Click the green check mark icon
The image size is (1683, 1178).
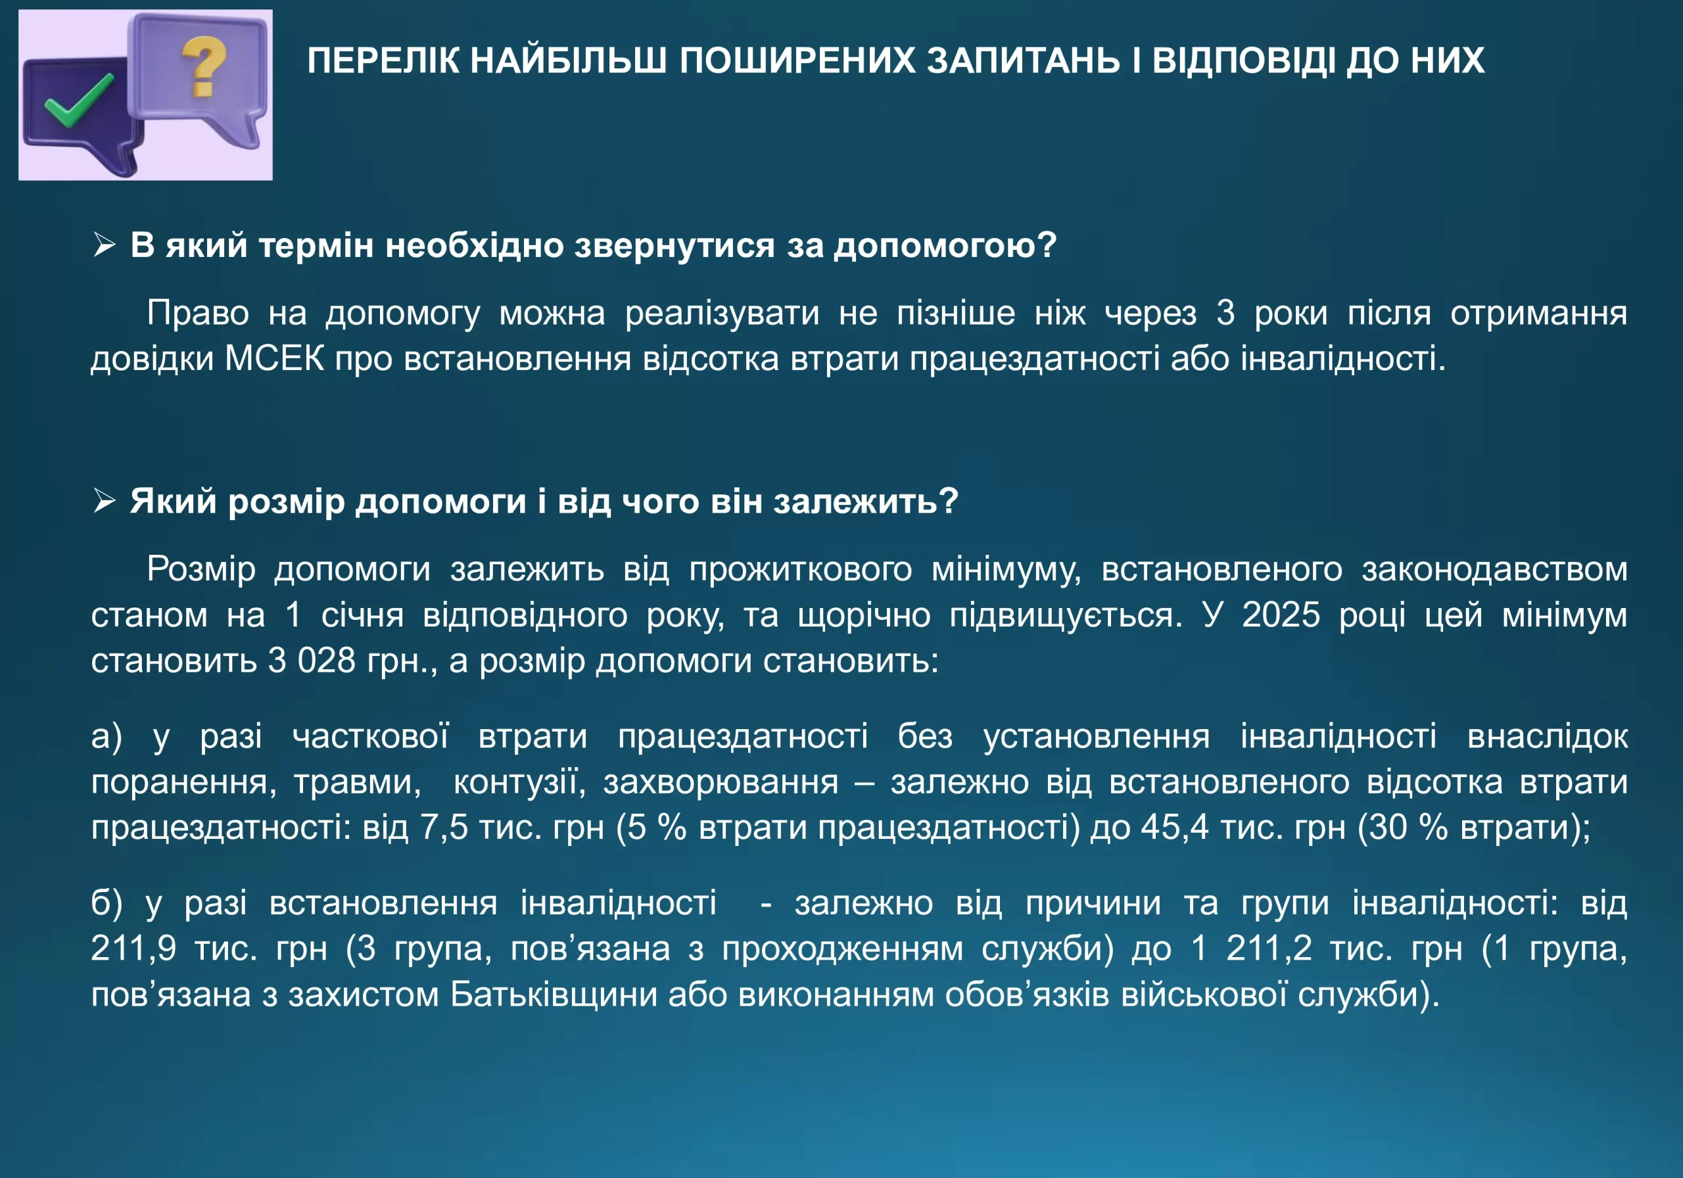click(78, 101)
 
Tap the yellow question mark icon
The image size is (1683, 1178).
click(203, 66)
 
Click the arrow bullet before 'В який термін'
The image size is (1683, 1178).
click(104, 245)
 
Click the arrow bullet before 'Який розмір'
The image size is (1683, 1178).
click(104, 501)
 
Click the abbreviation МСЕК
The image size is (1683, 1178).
click(274, 358)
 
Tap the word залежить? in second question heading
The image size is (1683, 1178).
click(866, 502)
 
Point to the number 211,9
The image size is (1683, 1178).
click(133, 949)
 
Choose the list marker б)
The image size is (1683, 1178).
click(107, 903)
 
